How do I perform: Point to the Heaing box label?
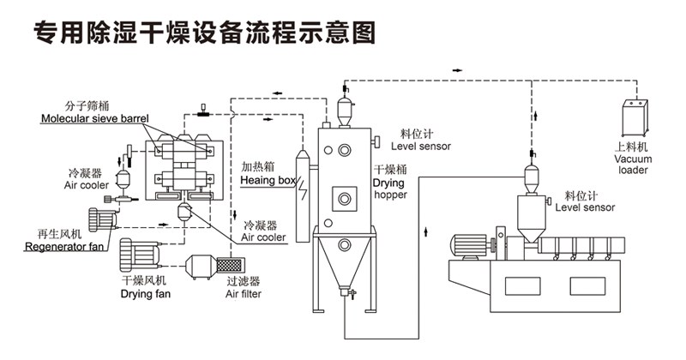point(268,181)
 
